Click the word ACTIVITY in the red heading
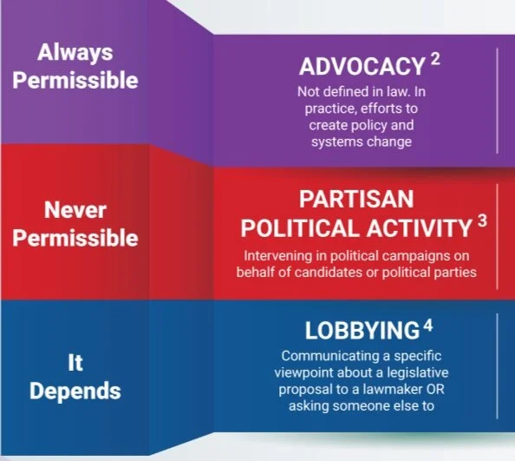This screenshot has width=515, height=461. click(x=411, y=228)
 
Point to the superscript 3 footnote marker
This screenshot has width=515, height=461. click(x=482, y=221)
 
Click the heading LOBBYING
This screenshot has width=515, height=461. click(x=362, y=331)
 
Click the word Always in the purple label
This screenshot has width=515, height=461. click(x=75, y=52)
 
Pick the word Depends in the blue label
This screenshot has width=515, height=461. click(x=75, y=391)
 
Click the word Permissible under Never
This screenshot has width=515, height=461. click(x=75, y=237)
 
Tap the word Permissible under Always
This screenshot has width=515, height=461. click(x=75, y=81)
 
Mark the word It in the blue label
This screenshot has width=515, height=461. click(x=75, y=362)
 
